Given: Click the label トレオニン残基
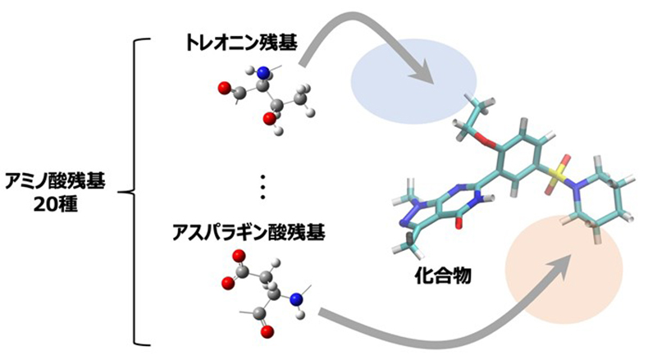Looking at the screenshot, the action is point(242,43).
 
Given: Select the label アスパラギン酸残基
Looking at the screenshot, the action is point(249,232).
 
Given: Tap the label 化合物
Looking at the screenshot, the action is point(443,276).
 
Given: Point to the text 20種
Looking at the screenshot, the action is point(56,203).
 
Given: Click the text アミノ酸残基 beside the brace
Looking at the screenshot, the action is point(55,181).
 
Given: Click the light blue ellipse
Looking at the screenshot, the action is point(413,81).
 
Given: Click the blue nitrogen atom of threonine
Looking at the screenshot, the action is point(262,74).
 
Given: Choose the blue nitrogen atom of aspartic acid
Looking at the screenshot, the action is point(296,299).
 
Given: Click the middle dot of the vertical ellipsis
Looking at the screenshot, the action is point(262,187).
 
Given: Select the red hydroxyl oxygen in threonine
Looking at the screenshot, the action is point(269,119).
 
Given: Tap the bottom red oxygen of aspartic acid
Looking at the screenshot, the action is point(267,330).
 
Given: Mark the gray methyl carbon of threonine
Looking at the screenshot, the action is point(300,97).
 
